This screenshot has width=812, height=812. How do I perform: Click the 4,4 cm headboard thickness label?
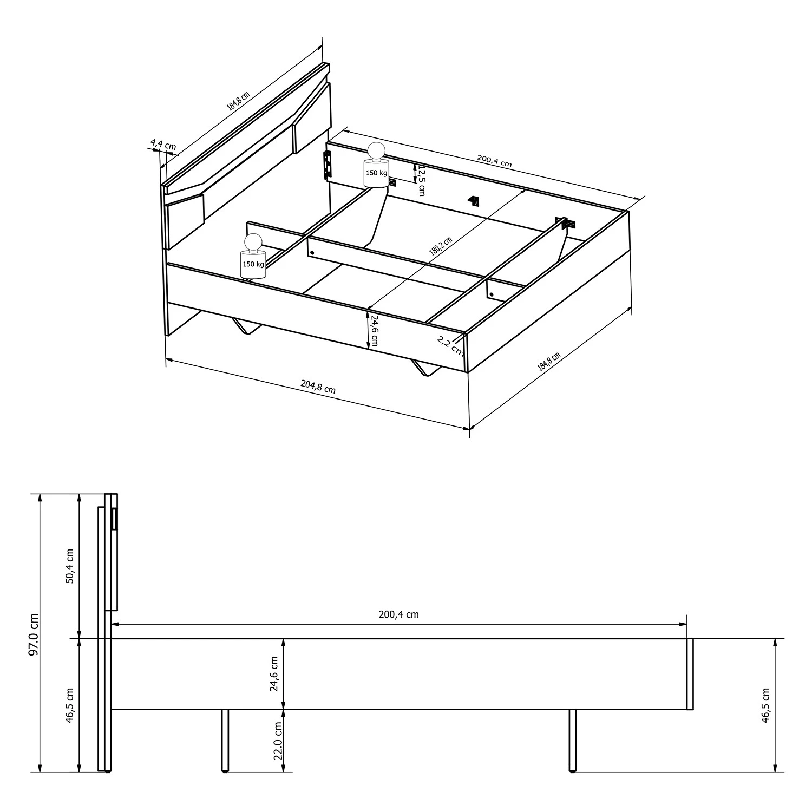click(163, 145)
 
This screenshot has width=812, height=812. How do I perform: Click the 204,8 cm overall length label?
click(318, 387)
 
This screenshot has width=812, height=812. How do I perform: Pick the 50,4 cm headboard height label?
click(69, 566)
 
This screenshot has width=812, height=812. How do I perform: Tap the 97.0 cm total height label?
click(34, 634)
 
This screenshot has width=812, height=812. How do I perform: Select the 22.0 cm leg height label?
click(278, 741)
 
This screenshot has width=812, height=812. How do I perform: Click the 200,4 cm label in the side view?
click(398, 614)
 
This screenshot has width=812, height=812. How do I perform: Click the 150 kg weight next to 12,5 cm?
click(376, 166)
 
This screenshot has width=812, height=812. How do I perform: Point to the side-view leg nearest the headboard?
click(225, 739)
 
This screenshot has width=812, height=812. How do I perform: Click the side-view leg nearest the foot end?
click(572, 739)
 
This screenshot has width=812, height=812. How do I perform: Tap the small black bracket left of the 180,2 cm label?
click(474, 201)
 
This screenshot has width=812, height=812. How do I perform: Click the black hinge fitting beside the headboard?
click(327, 164)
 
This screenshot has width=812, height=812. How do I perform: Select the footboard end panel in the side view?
click(690, 673)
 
